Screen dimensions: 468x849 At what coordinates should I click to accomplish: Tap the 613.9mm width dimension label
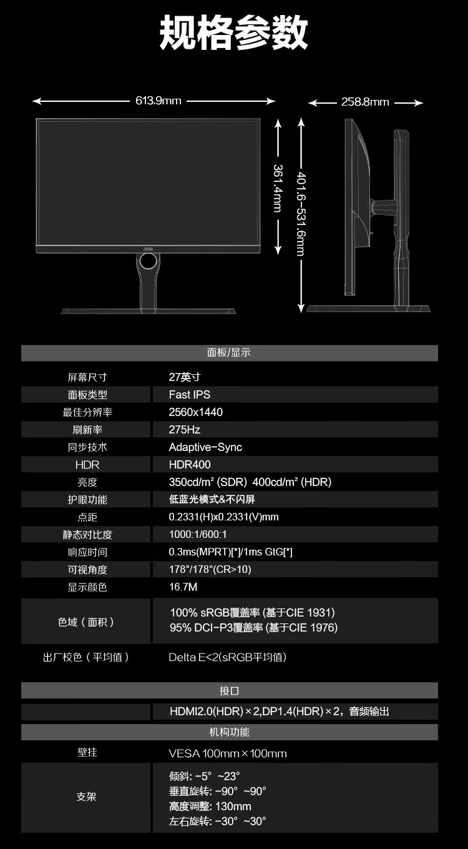coord(158,101)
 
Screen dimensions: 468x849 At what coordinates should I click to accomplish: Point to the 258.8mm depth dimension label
coord(365,102)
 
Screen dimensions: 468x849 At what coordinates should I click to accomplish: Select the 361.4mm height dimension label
coord(278,187)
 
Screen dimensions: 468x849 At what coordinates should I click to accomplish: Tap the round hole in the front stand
coord(149,263)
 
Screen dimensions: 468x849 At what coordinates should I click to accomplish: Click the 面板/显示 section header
coord(229,353)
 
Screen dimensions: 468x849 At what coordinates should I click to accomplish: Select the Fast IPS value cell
coord(190,395)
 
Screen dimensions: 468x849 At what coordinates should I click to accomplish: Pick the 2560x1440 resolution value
coord(196,412)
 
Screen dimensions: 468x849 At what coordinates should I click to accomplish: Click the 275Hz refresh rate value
coord(185,430)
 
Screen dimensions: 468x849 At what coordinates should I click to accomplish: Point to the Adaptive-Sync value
coord(205,447)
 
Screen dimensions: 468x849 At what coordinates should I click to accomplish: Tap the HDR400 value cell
coord(190,465)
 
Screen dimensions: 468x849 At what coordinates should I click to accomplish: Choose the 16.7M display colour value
coord(183,587)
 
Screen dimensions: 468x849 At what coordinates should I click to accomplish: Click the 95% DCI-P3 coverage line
coord(253,628)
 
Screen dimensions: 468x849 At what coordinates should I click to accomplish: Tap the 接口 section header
coord(229,691)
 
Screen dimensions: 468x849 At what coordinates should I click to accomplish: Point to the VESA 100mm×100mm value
coord(228,753)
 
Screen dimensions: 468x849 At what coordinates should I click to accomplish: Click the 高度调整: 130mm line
coord(210,807)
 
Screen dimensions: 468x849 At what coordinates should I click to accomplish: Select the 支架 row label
coord(86,797)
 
